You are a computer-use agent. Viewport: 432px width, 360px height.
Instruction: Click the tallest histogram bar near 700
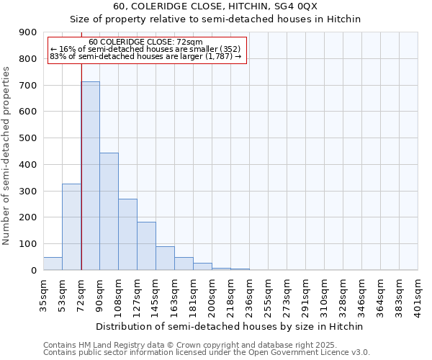(x=90, y=176)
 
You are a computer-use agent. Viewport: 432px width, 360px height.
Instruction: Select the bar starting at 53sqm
(x=71, y=227)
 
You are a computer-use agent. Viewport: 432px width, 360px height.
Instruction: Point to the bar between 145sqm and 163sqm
(x=165, y=258)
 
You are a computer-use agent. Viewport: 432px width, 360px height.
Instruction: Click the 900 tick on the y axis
(x=28, y=32)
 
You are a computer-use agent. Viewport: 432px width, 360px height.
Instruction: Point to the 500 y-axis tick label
(x=28, y=138)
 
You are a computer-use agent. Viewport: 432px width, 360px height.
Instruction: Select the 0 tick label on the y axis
(x=34, y=271)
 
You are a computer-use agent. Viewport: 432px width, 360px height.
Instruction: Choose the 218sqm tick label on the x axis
(x=231, y=293)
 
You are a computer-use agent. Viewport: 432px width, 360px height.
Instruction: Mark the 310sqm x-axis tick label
(x=325, y=293)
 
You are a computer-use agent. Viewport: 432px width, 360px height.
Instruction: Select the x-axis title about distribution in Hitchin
(x=230, y=326)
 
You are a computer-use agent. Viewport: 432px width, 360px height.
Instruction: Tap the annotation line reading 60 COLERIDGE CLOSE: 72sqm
(x=147, y=42)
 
